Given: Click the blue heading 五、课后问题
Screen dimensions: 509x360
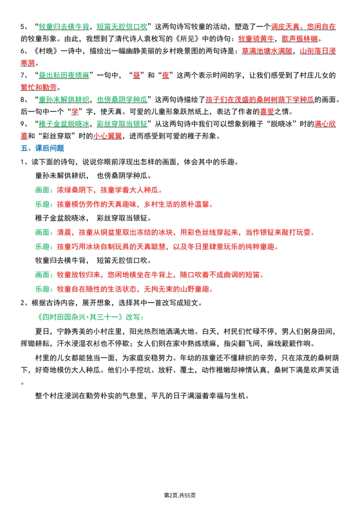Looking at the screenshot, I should tap(42, 148).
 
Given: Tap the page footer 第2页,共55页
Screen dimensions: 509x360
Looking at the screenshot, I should tap(180, 495).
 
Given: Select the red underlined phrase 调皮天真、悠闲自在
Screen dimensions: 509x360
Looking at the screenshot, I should tap(303, 27).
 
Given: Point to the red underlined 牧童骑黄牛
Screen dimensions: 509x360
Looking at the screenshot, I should tap(256, 39).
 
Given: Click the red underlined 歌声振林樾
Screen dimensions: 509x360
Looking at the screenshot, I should tap(300, 39).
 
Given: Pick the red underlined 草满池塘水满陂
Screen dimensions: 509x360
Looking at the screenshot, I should tap(267, 51).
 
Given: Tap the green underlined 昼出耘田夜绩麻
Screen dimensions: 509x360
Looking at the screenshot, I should tap(64, 75).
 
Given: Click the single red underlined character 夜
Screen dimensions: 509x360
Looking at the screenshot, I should tap(165, 75).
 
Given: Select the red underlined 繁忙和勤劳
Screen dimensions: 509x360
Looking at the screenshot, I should tap(39, 87).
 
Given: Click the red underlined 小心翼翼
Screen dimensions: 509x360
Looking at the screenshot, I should tap(107, 136).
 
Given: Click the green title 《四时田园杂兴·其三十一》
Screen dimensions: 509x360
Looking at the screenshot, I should tap(80, 317).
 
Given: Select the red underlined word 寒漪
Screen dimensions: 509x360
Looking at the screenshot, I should tap(28, 63).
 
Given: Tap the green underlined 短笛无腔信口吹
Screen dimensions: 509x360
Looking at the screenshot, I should tap(122, 27).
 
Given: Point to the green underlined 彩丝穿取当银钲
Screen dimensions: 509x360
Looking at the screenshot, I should tap(122, 124).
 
